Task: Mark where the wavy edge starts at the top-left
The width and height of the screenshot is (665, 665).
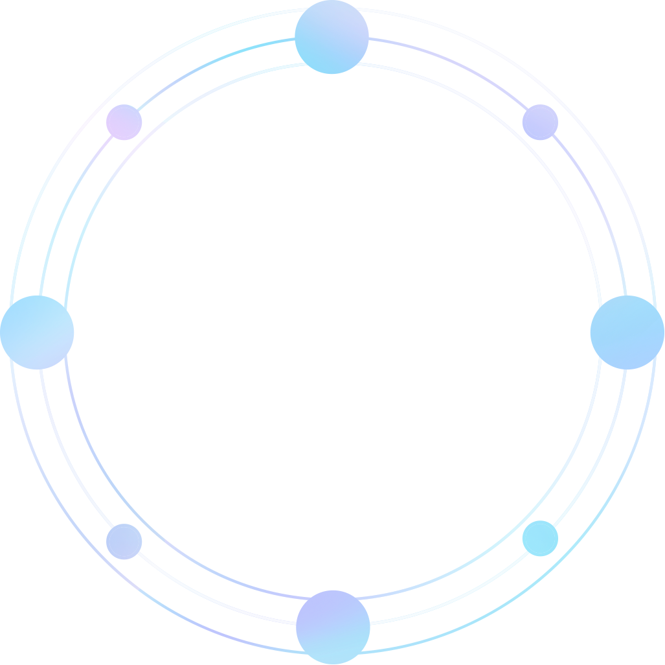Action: coord(1,45)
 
